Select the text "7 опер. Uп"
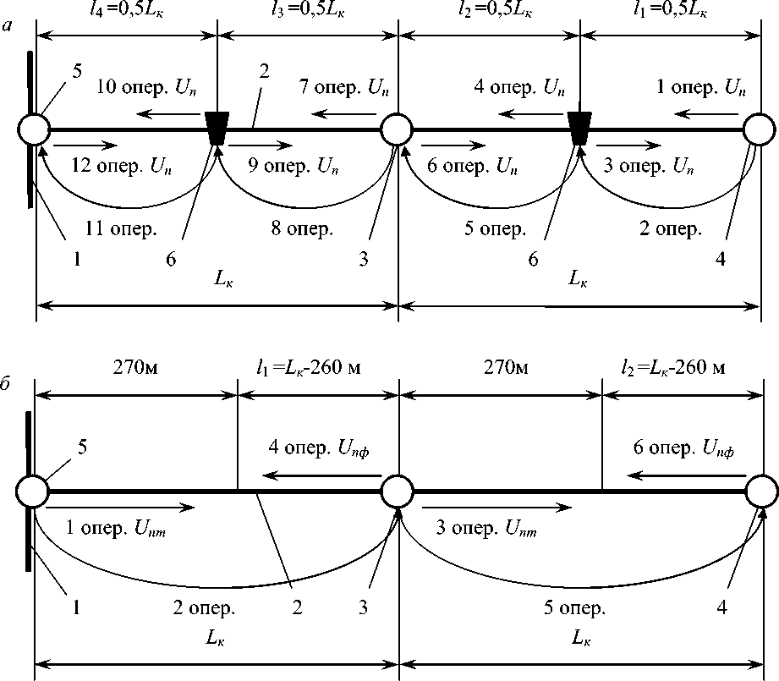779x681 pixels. (343, 89)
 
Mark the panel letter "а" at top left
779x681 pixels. (8, 29)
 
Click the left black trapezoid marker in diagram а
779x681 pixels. (217, 129)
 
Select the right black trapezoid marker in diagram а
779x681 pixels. (579, 129)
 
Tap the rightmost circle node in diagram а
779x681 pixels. (760, 130)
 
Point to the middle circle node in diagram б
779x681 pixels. (397, 491)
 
